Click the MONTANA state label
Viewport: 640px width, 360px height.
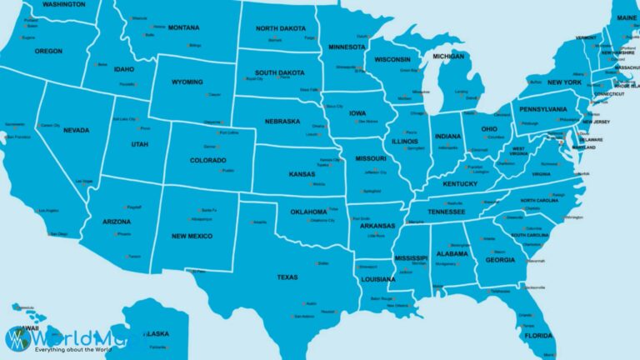pos(183,27)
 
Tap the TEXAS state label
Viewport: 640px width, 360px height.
pos(287,277)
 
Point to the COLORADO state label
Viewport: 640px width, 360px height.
pos(207,160)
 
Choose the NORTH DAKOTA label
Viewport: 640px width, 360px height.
pos(280,27)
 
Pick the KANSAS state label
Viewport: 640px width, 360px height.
pos(302,173)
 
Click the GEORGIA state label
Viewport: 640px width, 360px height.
pos(500,260)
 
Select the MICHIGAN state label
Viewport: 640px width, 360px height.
pos(447,57)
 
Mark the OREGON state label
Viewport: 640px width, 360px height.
pos(48,51)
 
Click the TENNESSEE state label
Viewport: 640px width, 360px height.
pos(447,212)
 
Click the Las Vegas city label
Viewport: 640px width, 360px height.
pos(84,181)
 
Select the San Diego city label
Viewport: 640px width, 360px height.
pos(57,234)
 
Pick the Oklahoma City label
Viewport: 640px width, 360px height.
pos(322,221)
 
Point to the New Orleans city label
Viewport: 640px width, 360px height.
pos(397,305)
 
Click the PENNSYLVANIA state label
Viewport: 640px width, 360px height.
pos(542,109)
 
